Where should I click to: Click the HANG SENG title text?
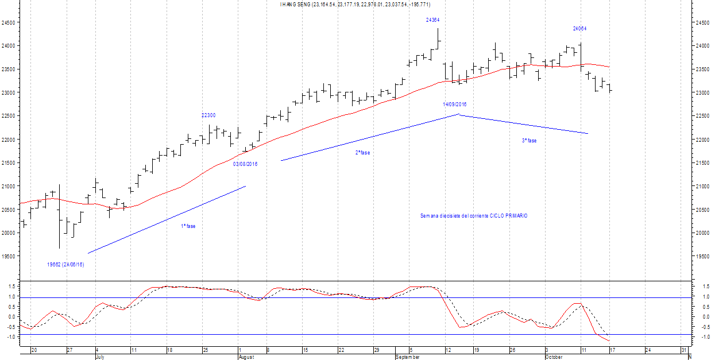[355, 5]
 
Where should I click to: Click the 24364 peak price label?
[432, 20]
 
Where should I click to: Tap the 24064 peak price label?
[579, 28]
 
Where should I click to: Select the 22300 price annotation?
[208, 115]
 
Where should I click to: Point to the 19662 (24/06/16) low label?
[65, 265]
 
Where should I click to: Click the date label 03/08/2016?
[245, 164]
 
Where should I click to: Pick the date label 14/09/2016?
[454, 104]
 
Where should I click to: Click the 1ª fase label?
[188, 226]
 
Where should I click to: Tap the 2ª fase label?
[362, 153]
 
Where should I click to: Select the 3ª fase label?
[529, 141]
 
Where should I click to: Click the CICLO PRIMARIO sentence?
[474, 216]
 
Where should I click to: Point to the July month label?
[99, 357]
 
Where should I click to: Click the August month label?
[245, 357]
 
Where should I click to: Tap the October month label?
[554, 357]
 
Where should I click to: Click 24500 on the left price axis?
[8, 23]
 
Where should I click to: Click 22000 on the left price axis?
[8, 140]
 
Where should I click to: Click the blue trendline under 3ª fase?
[523, 125]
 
